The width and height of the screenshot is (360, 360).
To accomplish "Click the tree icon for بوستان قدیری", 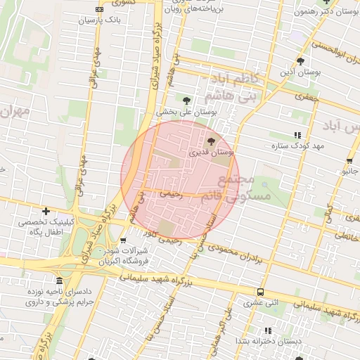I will (x=212, y=141).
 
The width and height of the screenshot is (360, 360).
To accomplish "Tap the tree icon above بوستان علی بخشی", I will (x=186, y=101).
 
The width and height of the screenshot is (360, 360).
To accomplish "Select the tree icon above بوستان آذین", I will (x=300, y=61).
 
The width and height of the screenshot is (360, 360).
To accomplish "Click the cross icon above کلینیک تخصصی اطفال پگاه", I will (x=46, y=211).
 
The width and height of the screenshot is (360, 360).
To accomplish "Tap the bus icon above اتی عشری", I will (x=261, y=292).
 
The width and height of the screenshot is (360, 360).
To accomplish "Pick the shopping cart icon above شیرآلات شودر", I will (x=124, y=241).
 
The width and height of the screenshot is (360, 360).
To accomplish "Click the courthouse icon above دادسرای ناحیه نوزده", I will (x=59, y=280).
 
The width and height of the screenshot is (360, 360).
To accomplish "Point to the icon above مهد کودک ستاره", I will (x=297, y=134).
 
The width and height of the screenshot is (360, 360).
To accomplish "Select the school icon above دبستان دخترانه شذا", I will (x=267, y=330).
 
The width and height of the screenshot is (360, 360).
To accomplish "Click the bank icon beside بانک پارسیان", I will (x=99, y=10).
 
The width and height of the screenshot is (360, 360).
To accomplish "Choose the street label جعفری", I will (x=307, y=97).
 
